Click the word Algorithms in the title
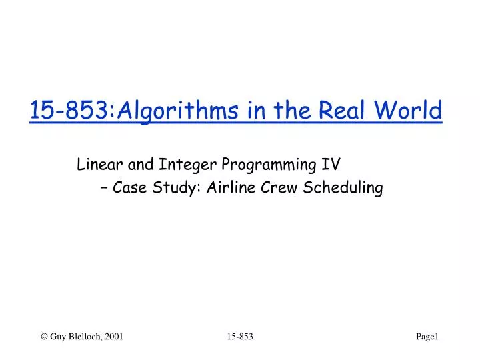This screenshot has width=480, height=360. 167,110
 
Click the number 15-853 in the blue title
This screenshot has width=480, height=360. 70,110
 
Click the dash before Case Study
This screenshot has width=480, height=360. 107,189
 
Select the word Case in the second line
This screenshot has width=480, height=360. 131,189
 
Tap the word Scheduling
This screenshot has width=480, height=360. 343,189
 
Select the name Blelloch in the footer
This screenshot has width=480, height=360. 83,338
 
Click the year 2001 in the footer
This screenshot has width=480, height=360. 114,338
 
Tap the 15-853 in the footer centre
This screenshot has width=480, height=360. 239,338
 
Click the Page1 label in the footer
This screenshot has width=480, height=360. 427,338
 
